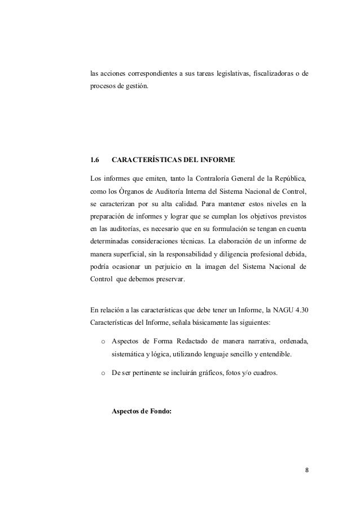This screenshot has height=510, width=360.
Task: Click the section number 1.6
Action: click(95, 159)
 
